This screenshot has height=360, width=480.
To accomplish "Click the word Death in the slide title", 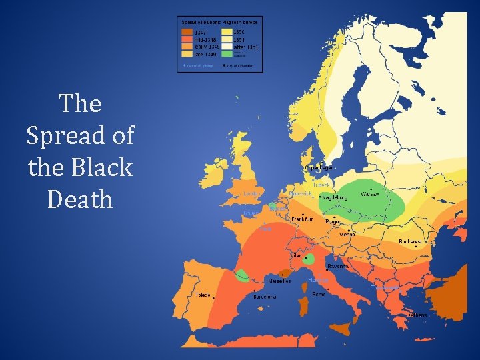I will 80,199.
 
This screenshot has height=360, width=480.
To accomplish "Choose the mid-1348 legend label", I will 207,39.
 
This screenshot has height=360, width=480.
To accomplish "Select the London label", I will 252,194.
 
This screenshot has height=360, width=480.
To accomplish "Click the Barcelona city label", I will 265,297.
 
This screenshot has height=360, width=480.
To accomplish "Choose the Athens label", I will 419,315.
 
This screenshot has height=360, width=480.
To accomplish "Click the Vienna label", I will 347,235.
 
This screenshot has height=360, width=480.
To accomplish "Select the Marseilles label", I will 279,281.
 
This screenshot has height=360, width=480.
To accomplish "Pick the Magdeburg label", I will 335,198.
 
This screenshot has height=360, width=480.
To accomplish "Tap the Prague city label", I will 333,221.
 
